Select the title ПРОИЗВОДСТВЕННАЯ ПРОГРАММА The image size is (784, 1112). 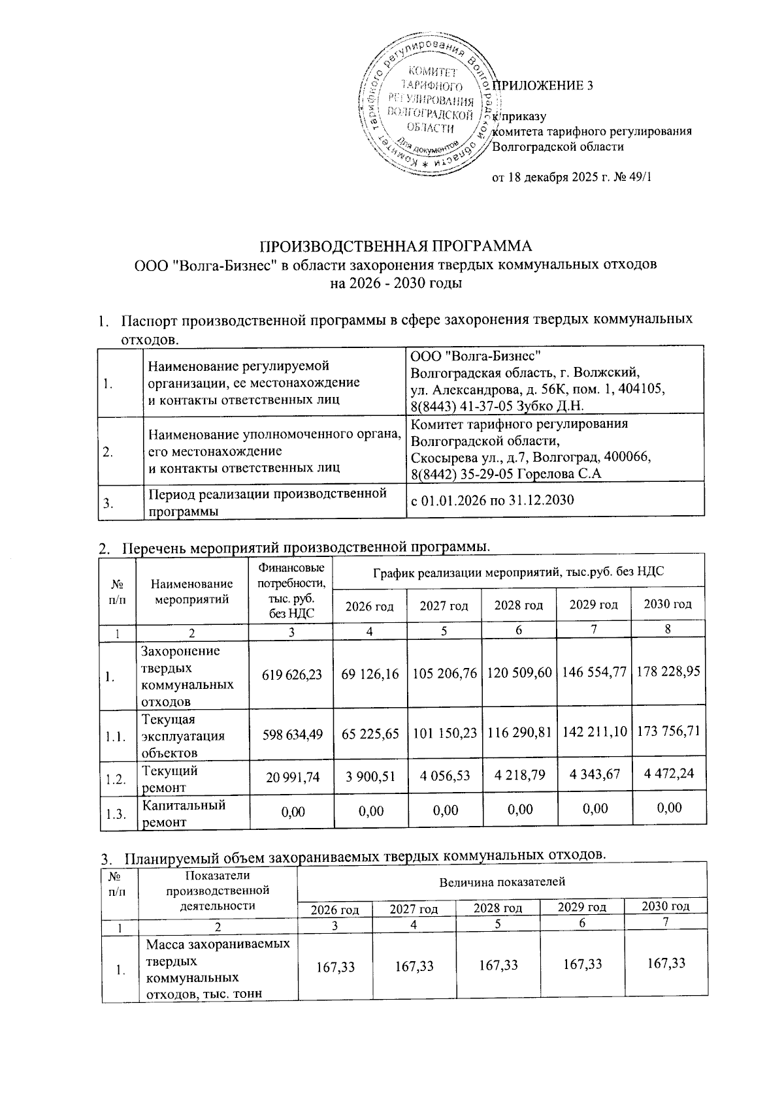397,247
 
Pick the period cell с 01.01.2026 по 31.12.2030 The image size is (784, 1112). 492,501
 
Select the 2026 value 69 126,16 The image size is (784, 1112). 370,674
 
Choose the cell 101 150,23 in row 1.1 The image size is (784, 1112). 444,734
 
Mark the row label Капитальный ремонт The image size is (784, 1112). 184,813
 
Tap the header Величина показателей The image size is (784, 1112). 502,882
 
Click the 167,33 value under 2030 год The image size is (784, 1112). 666,963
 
